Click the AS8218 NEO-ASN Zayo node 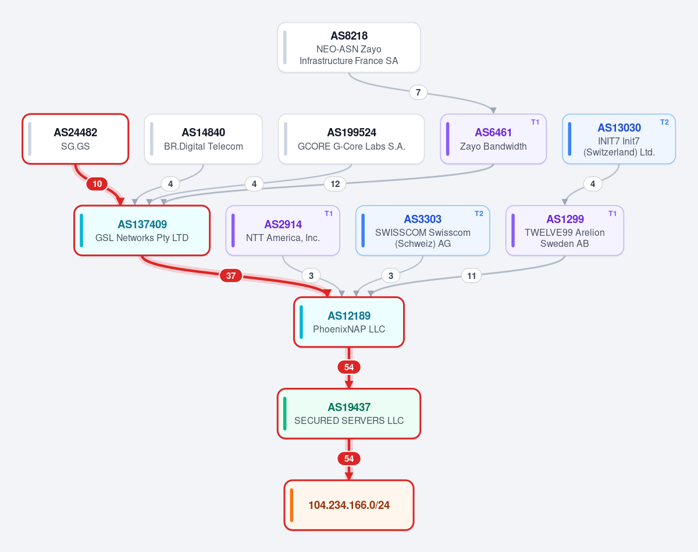(349, 47)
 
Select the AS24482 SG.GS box (75, 139)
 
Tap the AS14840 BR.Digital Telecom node (204, 139)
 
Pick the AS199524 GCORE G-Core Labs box (351, 139)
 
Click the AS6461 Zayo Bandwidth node (493, 139)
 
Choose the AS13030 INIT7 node (619, 139)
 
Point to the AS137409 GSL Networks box (142, 231)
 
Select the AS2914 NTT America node (283, 231)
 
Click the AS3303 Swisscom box (423, 231)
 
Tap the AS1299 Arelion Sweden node (565, 231)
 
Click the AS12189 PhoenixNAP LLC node (349, 322)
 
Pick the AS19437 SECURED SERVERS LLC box (349, 413)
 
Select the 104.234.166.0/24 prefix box (349, 505)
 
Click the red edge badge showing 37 (231, 275)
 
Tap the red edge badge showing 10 (97, 184)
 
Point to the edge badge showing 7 (418, 93)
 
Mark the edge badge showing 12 (335, 184)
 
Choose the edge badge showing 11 (471, 275)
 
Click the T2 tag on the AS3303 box (479, 213)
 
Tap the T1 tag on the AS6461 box (535, 122)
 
